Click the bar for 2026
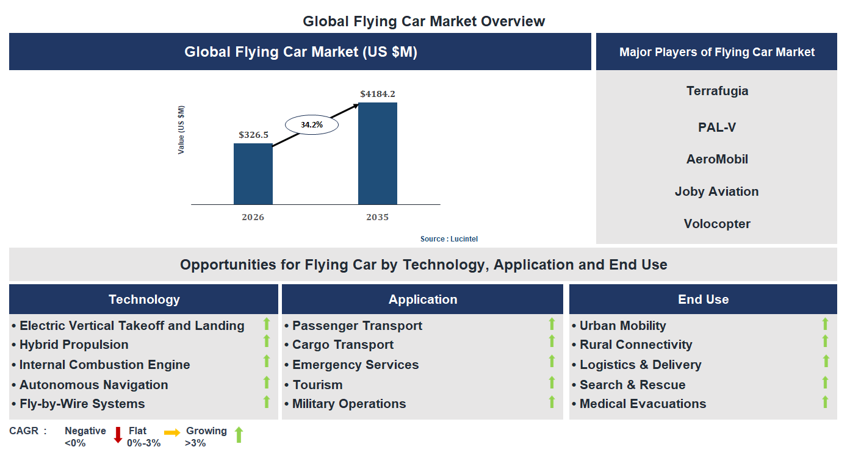[253, 174]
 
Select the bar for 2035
[377, 153]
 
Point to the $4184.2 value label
[377, 94]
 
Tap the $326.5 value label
[253, 135]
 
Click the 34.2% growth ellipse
[311, 124]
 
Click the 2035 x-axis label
[377, 217]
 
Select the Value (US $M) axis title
[181, 130]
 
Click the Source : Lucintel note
[448, 239]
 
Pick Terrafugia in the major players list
[717, 91]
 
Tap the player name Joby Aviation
[716, 192]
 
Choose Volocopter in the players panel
[717, 224]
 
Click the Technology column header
[144, 299]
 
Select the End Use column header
[703, 299]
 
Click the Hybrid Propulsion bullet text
[74, 345]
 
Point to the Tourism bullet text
[317, 385]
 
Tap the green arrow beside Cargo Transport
[552, 342]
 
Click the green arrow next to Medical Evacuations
[825, 402]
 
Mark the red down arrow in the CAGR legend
[118, 435]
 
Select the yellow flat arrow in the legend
[172, 433]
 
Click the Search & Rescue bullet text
[632, 385]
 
